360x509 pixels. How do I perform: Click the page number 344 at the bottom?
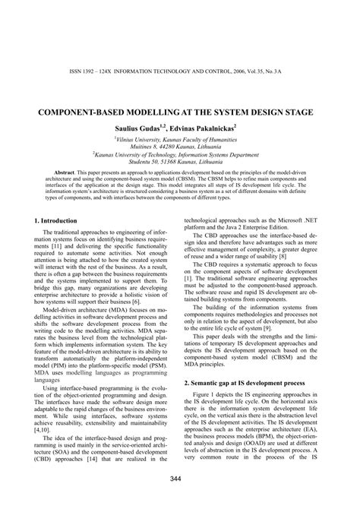pyautogui.click(x=179, y=477)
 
